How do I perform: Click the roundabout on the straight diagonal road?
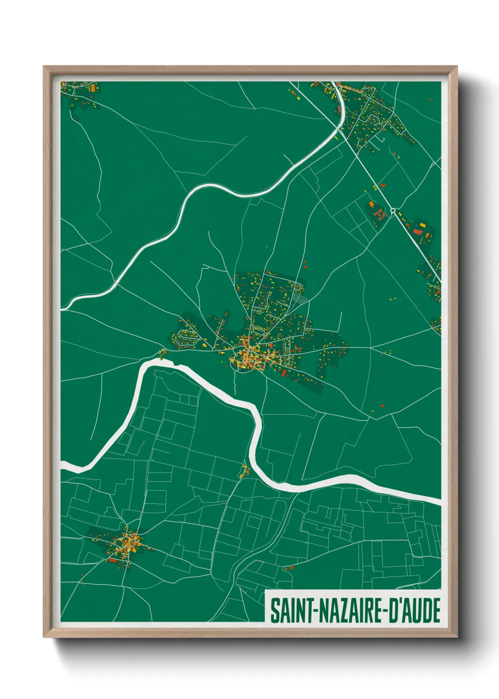pos(392,211)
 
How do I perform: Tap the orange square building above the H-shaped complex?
pos(371,205)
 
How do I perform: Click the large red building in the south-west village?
pos(113,560)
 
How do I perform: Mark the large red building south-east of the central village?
pos(284,373)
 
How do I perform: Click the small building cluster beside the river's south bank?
pos(244,471)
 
